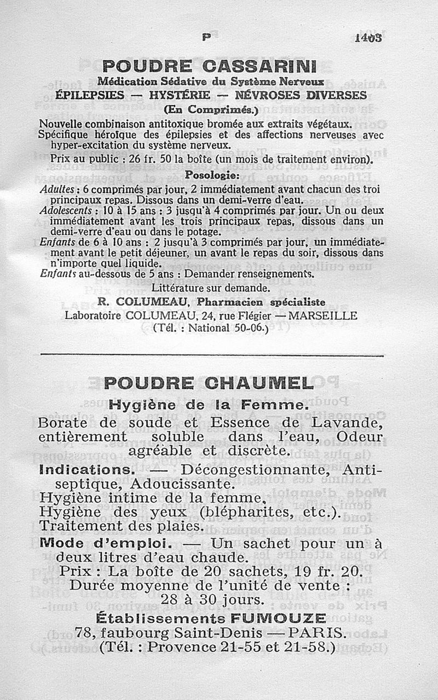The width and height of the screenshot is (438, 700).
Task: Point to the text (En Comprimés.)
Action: pos(210,108)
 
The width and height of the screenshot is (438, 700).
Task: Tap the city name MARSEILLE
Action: pos(323,316)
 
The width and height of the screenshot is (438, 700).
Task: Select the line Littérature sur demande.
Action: pos(210,287)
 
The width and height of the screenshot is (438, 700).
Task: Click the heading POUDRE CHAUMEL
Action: pos(209,383)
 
